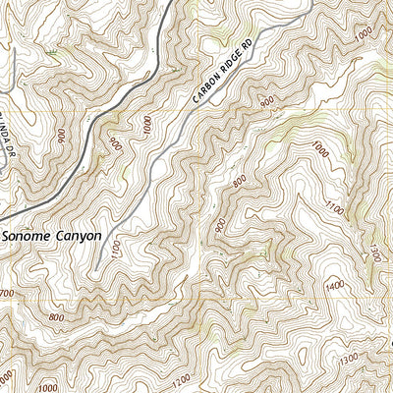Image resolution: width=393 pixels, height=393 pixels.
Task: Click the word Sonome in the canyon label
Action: point(29,237)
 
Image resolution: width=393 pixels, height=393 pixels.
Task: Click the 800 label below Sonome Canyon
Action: point(55,318)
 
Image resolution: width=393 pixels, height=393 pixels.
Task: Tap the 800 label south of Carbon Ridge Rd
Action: point(240,181)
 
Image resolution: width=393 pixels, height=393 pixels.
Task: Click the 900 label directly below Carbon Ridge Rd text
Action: point(265,101)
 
